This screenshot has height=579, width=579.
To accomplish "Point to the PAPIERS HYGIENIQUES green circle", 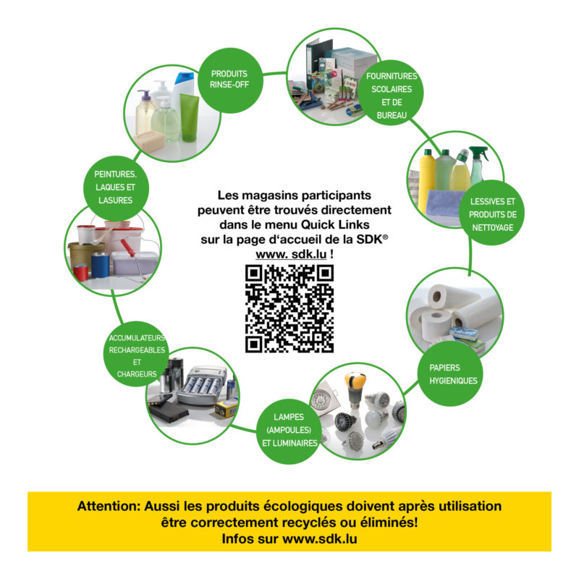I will tap(449, 373).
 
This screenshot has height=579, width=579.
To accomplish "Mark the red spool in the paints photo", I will tap(81, 271).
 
